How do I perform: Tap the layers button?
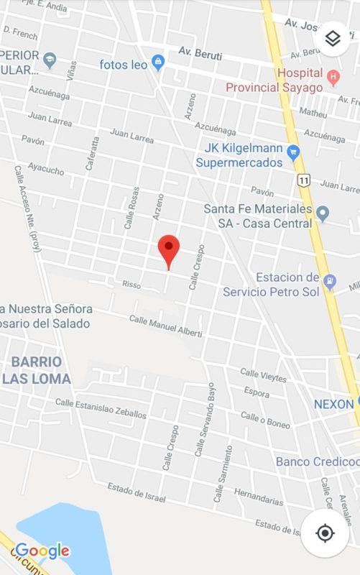click(332, 39)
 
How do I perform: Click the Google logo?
click(42, 551)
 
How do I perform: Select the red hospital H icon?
click(332, 75)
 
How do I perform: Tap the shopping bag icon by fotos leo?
click(159, 64)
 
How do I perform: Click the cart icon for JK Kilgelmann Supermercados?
click(292, 152)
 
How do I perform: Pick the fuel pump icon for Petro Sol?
click(330, 282)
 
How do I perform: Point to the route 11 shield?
click(304, 179)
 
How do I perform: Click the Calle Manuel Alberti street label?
click(166, 325)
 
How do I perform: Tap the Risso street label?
click(131, 285)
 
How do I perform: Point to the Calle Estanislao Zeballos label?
click(101, 408)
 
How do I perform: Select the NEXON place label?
click(333, 404)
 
